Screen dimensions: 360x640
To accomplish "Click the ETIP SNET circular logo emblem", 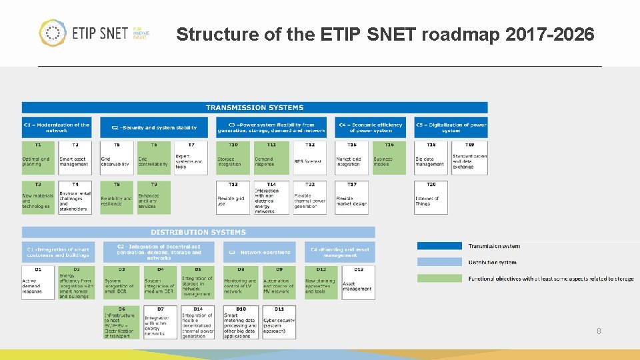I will [x=53, y=33].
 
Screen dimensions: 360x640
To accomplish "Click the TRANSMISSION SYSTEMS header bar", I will [x=254, y=107].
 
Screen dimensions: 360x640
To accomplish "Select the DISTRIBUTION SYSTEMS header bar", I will [x=198, y=232].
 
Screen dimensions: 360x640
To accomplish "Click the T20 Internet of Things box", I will [x=430, y=199].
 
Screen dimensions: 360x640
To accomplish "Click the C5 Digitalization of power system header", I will [x=451, y=127].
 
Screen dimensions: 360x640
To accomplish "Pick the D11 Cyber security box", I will [x=279, y=323].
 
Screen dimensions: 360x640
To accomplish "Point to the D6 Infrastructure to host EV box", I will [x=121, y=323].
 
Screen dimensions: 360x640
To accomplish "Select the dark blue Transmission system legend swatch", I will [x=439, y=246].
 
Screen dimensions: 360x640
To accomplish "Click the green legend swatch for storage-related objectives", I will [x=439, y=278].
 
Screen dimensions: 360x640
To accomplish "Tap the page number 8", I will [x=598, y=331].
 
